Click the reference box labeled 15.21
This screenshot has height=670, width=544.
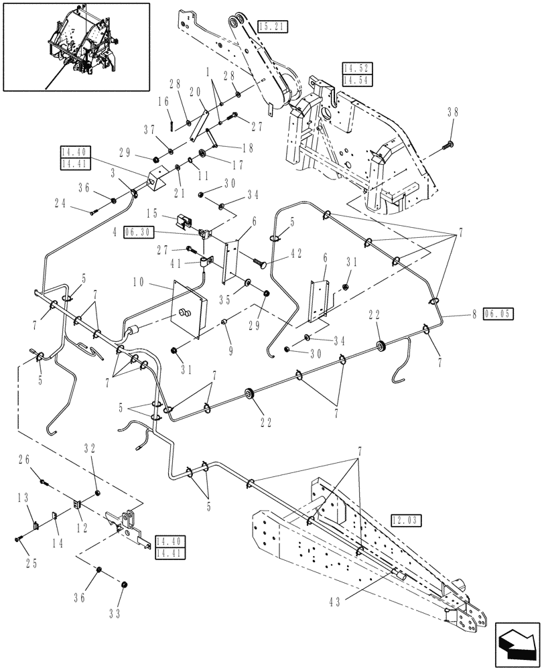272,27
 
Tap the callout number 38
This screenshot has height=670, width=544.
453,114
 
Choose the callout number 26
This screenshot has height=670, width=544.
26,460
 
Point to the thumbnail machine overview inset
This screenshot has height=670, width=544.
76,46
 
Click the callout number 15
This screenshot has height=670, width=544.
152,214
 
